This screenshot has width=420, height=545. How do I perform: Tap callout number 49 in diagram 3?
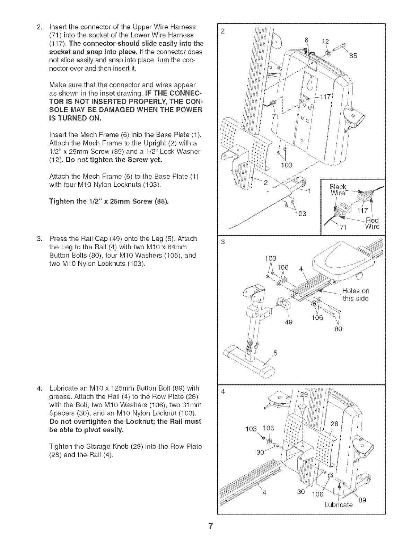(288, 322)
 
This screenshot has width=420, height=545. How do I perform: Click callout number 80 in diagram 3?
(338, 329)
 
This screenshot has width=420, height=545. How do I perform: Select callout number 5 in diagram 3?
(275, 353)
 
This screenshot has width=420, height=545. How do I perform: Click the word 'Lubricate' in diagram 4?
(339, 505)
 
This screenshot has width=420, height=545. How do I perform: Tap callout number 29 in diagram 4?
(304, 394)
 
